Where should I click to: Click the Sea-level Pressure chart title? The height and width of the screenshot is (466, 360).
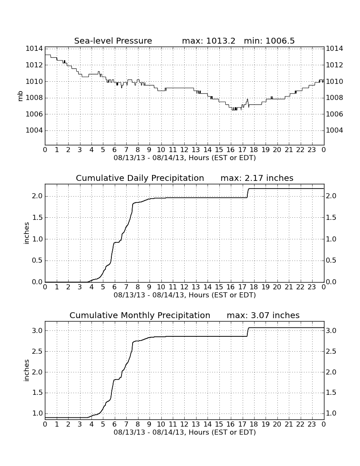(113, 41)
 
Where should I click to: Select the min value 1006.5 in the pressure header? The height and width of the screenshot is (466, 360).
(280, 41)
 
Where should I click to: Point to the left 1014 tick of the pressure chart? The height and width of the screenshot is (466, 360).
(34, 48)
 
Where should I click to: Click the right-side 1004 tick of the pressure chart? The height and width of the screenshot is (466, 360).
(335, 130)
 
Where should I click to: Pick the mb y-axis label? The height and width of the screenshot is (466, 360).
(20, 96)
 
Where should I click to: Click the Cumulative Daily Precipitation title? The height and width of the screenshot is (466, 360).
(140, 178)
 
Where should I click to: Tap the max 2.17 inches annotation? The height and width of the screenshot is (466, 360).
(257, 178)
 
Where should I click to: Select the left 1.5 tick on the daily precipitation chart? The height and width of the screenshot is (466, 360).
(37, 218)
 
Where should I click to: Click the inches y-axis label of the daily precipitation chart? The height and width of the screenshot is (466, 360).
(27, 233)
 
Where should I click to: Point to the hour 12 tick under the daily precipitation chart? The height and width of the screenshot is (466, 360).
(184, 287)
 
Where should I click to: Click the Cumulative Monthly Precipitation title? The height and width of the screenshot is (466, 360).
(140, 315)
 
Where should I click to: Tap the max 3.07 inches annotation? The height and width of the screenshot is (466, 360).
(263, 315)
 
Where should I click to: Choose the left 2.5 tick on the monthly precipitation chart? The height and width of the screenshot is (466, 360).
(37, 351)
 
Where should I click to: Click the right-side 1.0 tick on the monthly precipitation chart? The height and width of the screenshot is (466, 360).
(331, 413)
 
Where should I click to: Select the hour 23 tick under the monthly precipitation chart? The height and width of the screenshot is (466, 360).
(312, 424)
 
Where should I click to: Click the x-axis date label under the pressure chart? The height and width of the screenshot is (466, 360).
(185, 158)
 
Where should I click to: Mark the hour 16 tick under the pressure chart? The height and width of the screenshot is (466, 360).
(230, 150)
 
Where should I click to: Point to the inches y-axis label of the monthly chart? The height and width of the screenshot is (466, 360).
(27, 370)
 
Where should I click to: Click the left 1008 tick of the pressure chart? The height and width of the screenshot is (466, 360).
(34, 97)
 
